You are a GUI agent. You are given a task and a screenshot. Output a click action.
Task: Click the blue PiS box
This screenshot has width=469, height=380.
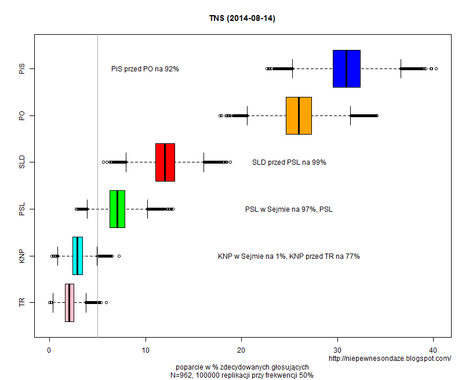point(347,68)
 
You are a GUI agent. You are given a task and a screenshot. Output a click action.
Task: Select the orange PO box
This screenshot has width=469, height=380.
point(299,115)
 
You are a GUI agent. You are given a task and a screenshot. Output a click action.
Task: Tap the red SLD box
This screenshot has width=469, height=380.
point(165,162)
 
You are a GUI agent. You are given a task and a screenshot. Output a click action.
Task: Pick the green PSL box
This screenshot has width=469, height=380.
point(117,209)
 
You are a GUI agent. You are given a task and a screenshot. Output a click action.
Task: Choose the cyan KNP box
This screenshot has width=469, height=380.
point(78,256)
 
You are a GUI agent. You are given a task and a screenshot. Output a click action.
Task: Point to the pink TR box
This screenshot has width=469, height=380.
point(70,302)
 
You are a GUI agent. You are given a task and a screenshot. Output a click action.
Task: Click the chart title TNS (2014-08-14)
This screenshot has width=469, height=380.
point(242,19)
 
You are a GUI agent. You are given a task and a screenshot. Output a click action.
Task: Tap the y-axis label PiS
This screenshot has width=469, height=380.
point(22,69)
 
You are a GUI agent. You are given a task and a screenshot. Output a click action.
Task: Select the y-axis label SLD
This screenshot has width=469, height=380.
point(22,162)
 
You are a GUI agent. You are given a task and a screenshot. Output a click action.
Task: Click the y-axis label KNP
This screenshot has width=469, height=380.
point(22,256)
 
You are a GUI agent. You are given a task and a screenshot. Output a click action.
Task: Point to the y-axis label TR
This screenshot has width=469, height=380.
point(22,302)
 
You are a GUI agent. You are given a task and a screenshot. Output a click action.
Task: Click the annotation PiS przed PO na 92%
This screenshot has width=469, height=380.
point(145,69)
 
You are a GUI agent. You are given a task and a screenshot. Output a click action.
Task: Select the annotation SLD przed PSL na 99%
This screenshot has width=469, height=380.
point(289,162)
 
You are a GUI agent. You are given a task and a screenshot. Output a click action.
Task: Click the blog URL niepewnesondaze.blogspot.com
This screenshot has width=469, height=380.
point(390,359)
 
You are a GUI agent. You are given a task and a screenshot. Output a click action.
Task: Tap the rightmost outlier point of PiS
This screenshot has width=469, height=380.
point(436,68)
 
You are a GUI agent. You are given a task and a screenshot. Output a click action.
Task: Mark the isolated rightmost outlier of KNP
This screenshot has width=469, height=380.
point(119,256)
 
